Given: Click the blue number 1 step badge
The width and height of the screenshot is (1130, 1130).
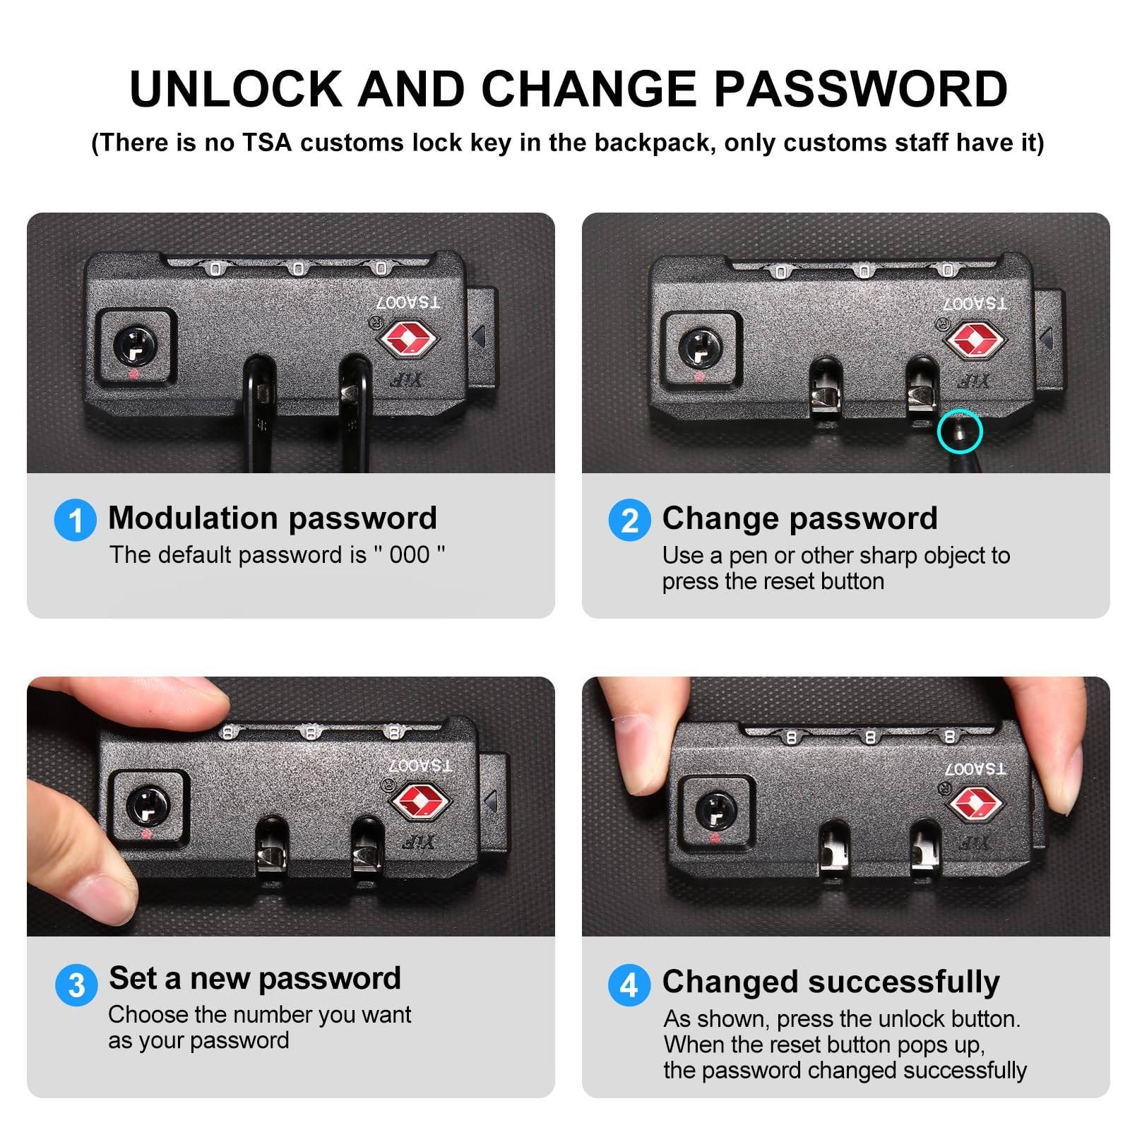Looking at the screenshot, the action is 76,521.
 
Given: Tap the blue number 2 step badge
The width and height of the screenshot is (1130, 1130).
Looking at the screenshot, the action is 629,521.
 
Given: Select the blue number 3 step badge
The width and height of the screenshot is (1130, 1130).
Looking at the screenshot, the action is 76,985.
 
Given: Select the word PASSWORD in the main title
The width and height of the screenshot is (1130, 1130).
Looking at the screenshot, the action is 861,89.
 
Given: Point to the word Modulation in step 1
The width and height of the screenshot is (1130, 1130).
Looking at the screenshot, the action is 192,518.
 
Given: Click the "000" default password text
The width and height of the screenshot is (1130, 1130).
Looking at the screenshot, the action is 410,555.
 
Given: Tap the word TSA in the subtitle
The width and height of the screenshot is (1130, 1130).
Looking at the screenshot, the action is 267,143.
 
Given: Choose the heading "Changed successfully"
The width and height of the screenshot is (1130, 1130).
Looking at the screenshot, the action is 831,982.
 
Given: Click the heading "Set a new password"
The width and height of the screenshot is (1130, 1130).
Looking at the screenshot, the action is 255,979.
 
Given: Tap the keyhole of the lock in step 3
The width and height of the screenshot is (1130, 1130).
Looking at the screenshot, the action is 148,806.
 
